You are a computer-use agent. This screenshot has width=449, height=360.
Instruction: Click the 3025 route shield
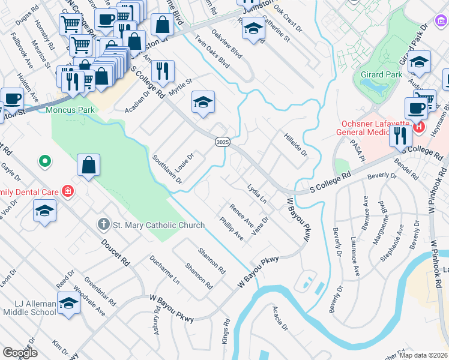(220, 139)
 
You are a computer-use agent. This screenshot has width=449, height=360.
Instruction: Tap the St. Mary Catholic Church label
(158, 225)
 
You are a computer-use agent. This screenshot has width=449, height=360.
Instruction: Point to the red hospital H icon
(418, 127)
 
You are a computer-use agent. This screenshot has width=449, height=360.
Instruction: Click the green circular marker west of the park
(44, 161)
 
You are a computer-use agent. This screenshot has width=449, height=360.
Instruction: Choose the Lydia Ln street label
(257, 195)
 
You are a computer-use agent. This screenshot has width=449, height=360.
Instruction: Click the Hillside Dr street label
(295, 145)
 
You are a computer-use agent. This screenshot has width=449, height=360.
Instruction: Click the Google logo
(20, 352)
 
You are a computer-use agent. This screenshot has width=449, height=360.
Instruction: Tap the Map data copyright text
(423, 355)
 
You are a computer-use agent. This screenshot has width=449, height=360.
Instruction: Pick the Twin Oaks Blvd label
(212, 53)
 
